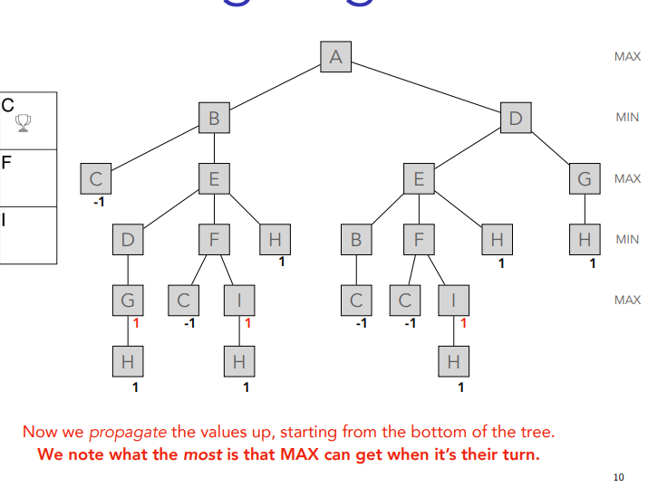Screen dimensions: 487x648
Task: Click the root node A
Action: click(x=335, y=57)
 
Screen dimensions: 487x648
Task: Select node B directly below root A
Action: click(x=214, y=118)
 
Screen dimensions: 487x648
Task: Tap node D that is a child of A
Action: click(x=516, y=118)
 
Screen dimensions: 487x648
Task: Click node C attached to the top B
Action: click(x=94, y=178)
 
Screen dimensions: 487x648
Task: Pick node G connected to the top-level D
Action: click(x=585, y=178)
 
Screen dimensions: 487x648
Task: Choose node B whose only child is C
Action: click(x=356, y=239)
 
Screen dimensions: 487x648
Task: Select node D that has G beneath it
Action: click(x=128, y=239)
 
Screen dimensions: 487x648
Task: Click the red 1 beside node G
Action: click(x=135, y=322)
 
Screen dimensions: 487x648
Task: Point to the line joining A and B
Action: click(x=275, y=88)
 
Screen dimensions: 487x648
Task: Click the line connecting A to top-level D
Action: click(x=426, y=88)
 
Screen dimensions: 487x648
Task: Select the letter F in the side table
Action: click(x=6, y=163)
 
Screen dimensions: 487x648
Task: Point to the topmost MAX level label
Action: click(x=626, y=56)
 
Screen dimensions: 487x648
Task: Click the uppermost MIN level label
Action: click(x=626, y=117)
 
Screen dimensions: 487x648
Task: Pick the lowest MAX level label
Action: click(x=626, y=300)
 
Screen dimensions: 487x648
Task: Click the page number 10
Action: click(x=618, y=476)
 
